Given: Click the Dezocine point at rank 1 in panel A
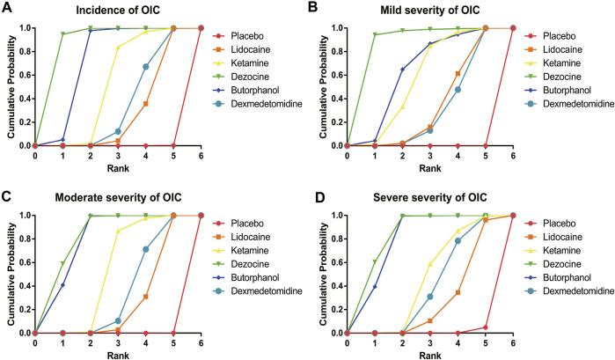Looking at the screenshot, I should [62, 34].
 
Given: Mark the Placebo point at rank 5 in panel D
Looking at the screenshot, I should [486, 327].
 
